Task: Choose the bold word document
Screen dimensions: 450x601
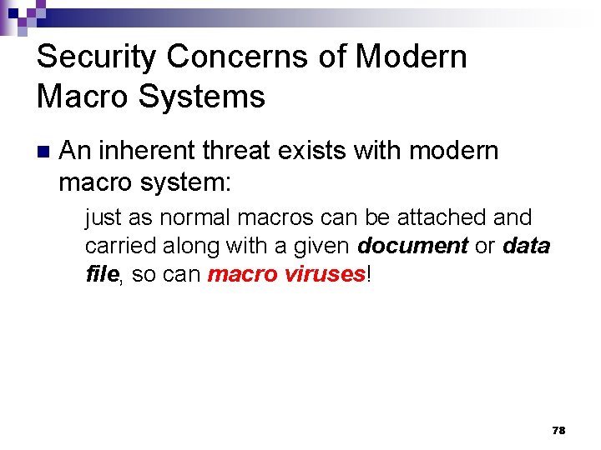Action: coord(412,246)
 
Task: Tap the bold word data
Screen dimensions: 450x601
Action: coord(526,246)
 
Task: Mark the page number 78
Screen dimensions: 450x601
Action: coord(558,430)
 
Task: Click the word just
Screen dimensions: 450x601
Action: coord(104,218)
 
